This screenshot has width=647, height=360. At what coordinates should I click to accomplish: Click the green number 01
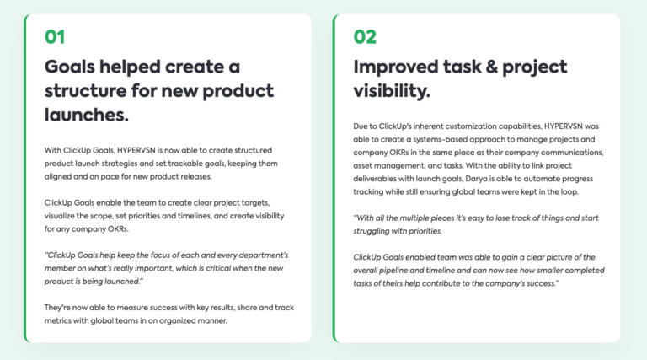pyautogui.click(x=55, y=36)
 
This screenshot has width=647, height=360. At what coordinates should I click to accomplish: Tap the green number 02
pyautogui.click(x=365, y=36)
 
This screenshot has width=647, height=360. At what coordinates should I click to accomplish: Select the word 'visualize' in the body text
pyautogui.click(x=65, y=216)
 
